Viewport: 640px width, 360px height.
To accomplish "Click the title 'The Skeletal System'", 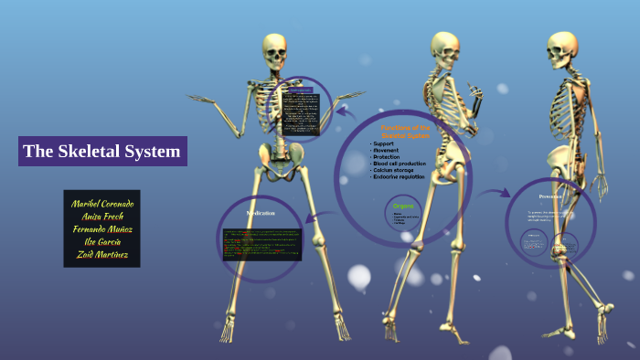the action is click(101, 152).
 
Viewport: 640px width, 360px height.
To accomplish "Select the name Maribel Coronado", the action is click(101, 203).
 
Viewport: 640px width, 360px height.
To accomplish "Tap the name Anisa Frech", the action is click(101, 216).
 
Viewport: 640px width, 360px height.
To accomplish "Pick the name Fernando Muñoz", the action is click(101, 228).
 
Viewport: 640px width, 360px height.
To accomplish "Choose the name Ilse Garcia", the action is click(101, 241).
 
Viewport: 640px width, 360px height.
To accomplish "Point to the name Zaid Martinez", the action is click(101, 254).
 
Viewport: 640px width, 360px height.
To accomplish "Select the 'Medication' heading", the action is click(261, 213).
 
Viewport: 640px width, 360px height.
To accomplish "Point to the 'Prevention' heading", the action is click(550, 196).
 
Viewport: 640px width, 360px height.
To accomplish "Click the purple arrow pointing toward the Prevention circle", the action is click(496, 194).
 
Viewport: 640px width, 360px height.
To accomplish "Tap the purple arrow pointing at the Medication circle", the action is click(317, 217).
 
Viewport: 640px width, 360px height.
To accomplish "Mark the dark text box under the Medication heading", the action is click(261, 243).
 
